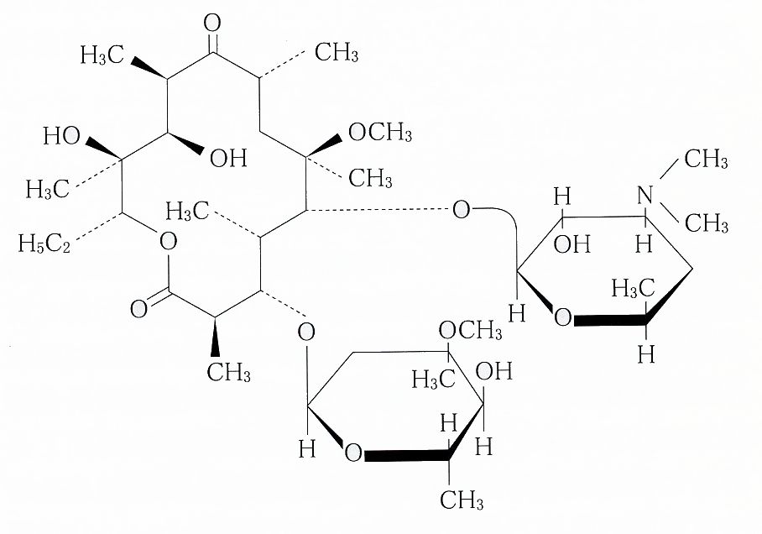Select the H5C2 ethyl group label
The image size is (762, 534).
click(x=42, y=244)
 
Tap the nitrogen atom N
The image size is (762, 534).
click(x=645, y=195)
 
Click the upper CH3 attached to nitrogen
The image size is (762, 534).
click(x=706, y=159)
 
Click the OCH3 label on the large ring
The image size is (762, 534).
click(x=379, y=132)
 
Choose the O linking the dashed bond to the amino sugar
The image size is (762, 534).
click(x=461, y=209)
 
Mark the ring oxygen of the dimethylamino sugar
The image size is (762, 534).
click(x=563, y=318)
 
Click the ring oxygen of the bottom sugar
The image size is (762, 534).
click(x=353, y=454)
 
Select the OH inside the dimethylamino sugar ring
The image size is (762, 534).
click(x=571, y=245)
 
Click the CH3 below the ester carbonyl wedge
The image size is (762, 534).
click(x=229, y=372)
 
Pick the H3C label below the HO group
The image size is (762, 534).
click(x=48, y=190)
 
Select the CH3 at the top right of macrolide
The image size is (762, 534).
click(x=337, y=55)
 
